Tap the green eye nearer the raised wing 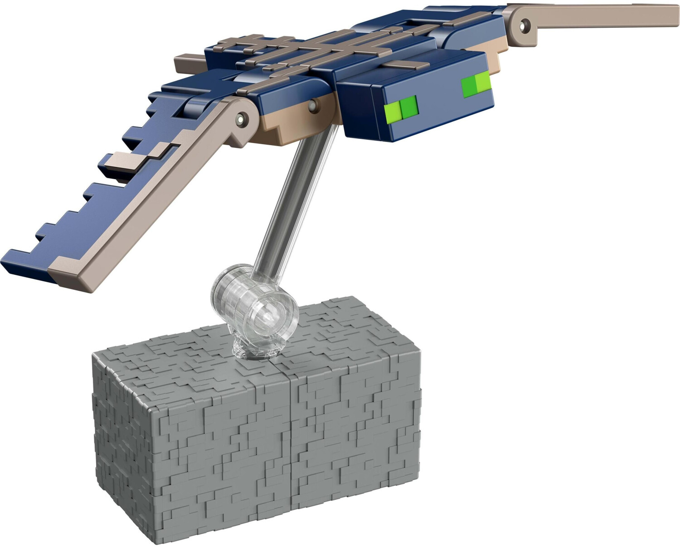point(476,84)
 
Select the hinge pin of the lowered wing point(241,119)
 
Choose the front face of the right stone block point(356,435)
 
